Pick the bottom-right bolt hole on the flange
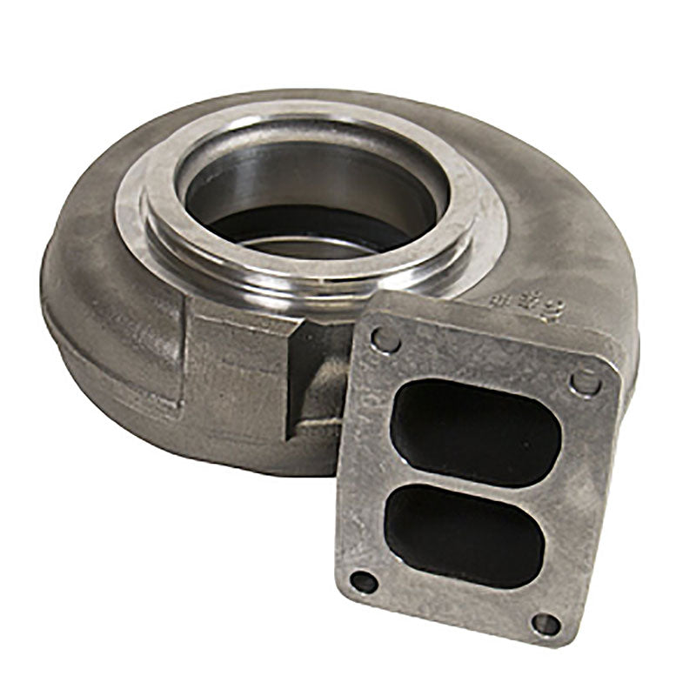click(545, 623)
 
